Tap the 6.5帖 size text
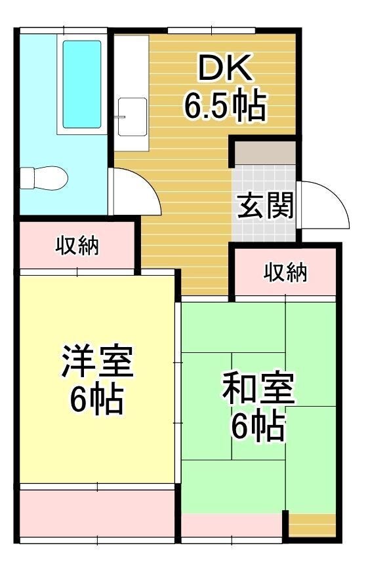point(225,105)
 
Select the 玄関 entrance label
point(265,206)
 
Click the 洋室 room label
point(97,361)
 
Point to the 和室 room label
point(258,388)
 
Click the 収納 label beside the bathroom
point(77,246)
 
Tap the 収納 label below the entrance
point(285,272)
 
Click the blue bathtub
point(82,84)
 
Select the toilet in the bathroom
point(44,178)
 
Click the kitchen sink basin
point(132,117)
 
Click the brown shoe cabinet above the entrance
point(265,153)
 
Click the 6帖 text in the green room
point(258,426)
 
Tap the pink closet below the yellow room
point(97,513)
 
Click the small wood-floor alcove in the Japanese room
point(312,525)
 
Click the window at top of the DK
point(212,31)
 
